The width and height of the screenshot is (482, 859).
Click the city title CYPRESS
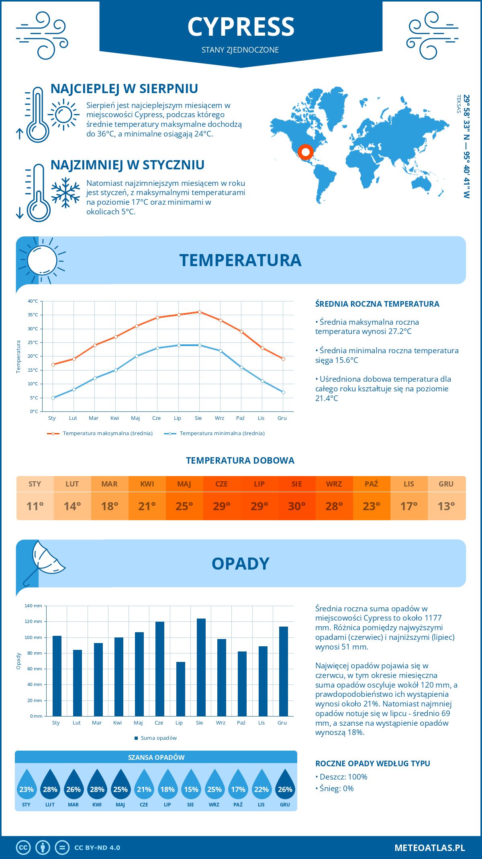click(241, 27)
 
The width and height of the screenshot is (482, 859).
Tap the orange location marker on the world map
click(306, 152)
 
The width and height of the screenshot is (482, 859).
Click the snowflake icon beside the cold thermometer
click(65, 193)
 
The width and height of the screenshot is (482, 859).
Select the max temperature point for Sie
click(200, 312)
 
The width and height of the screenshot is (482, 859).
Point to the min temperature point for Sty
click(53, 398)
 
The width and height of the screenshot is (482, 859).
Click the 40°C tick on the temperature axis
click(33, 301)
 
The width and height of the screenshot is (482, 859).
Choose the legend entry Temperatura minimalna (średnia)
click(222, 434)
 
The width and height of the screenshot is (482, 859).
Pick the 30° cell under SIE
click(297, 506)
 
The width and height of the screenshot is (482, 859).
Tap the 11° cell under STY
click(35, 506)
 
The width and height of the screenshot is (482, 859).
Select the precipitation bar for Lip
click(181, 689)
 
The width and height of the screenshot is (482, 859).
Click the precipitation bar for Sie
click(201, 667)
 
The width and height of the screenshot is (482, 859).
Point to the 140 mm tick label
click(33, 606)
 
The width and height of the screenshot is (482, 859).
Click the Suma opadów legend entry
click(159, 738)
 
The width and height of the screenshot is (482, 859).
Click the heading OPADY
click(241, 564)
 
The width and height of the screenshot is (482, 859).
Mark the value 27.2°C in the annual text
click(400, 332)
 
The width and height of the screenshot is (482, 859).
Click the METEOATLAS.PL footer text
click(430, 848)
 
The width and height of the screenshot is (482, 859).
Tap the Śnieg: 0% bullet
click(336, 788)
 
